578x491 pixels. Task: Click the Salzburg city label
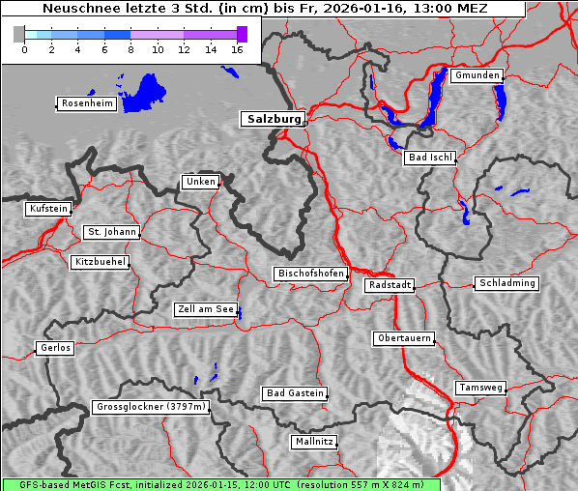(272, 119)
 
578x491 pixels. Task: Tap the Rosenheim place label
(86, 103)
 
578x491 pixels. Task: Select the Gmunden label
(477, 75)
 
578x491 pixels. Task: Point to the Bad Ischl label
(429, 158)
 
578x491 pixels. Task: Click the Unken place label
(199, 182)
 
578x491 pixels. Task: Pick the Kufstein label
(47, 209)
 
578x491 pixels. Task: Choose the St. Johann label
(111, 232)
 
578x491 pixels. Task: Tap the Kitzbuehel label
(100, 262)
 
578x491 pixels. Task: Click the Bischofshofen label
(310, 274)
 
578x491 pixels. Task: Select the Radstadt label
(390, 285)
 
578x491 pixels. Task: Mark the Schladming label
(506, 283)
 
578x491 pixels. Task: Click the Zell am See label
(205, 309)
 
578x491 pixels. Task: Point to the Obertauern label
(403, 338)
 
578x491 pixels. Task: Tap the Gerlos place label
(55, 348)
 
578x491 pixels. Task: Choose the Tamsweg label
(480, 388)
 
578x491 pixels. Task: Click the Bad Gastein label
(295, 393)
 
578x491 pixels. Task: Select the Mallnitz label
(314, 442)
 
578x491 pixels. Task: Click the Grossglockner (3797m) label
(151, 408)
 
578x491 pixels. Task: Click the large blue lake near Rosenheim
(148, 92)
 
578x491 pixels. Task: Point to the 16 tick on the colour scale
(238, 50)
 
